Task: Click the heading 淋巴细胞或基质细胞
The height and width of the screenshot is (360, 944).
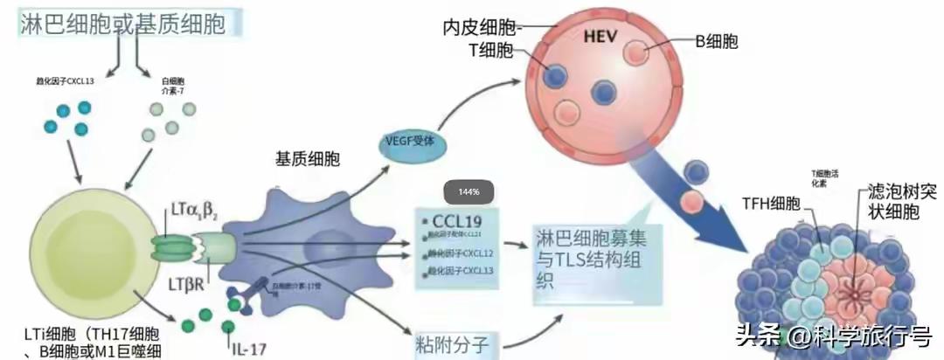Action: [122, 24]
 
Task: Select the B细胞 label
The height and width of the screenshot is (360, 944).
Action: [718, 41]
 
